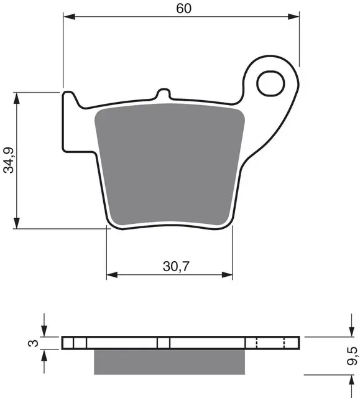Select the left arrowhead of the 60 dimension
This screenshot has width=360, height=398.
pyautogui.click(x=68, y=18)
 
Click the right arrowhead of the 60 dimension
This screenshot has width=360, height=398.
pyautogui.click(x=295, y=18)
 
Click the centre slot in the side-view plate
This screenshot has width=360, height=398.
pyautogui.click(x=164, y=343)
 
